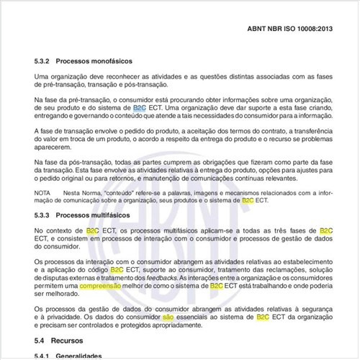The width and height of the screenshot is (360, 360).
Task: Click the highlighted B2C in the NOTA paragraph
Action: pyautogui.click(x=249, y=201)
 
